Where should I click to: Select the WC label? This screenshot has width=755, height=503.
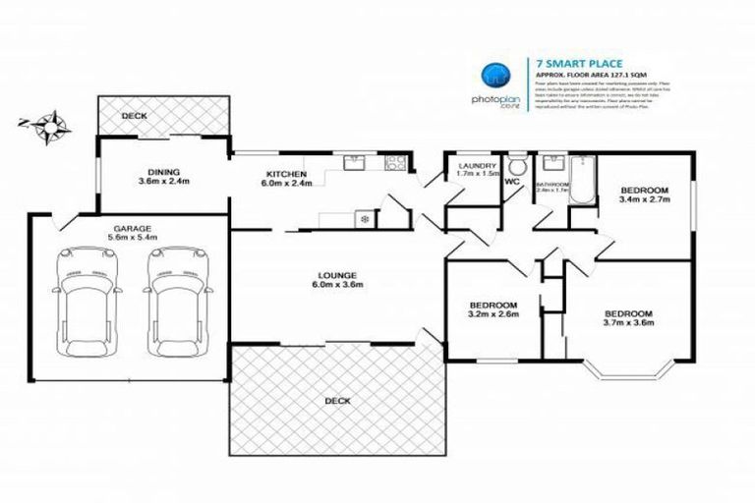click(x=512, y=182)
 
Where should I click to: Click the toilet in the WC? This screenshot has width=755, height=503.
click(x=517, y=166)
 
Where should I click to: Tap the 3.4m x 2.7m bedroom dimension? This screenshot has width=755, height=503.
click(x=644, y=199)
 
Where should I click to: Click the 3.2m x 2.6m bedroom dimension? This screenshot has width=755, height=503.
click(x=494, y=315)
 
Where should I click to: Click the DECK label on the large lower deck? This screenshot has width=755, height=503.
click(x=337, y=402)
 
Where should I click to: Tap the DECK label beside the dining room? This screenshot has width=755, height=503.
click(x=134, y=116)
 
